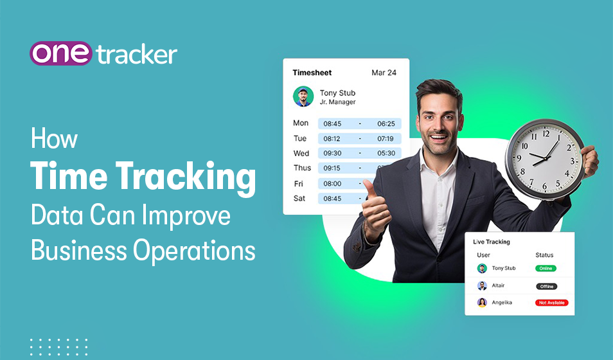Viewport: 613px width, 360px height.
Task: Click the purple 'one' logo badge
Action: coord(61,53)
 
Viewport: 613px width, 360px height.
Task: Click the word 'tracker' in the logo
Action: coord(137,55)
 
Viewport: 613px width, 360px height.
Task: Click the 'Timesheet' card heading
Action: coord(312,73)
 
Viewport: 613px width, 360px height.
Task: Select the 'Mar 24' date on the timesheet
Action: coord(384,73)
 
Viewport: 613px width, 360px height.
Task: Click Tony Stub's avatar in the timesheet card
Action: coord(303,96)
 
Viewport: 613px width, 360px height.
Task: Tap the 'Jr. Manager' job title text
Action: coord(337,102)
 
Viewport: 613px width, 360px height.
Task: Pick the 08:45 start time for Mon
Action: coord(332,123)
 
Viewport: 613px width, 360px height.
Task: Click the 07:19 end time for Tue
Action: coord(386,139)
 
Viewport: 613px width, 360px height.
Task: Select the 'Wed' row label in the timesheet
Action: coord(301,153)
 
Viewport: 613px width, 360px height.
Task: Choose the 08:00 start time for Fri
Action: coord(332,183)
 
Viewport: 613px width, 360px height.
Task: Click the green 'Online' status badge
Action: coord(546,268)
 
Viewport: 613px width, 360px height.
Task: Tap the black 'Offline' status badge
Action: coord(546,286)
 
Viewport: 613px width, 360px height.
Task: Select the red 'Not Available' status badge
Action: coord(551,303)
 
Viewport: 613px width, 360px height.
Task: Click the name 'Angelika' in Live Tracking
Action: coord(502,303)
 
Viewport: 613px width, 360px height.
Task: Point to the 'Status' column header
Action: coord(544,255)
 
